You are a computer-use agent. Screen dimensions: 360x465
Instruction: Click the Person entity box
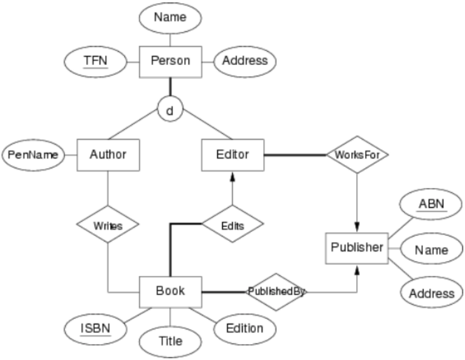click(169, 62)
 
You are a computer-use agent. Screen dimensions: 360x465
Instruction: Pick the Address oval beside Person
click(245, 62)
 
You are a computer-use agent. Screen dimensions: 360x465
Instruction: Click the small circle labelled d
click(169, 110)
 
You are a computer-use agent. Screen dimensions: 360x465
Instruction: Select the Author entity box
click(108, 155)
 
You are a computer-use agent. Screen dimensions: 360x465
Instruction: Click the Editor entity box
click(232, 155)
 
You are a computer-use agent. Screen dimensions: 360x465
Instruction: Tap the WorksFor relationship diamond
click(357, 155)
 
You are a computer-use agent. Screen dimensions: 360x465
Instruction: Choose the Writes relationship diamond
click(108, 224)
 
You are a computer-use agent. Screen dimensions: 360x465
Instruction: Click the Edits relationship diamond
click(232, 224)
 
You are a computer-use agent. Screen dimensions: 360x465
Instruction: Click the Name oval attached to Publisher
click(431, 250)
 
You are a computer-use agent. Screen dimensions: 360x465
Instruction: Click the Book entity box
click(170, 292)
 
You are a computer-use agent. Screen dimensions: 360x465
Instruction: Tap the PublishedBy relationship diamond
click(277, 292)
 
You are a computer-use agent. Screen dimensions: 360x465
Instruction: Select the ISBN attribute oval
click(96, 329)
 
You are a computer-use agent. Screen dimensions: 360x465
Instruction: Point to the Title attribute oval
click(169, 341)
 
